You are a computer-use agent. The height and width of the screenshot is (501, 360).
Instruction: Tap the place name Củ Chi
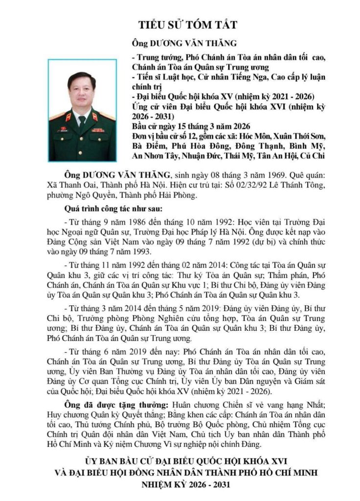pyautogui.click(x=315, y=157)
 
